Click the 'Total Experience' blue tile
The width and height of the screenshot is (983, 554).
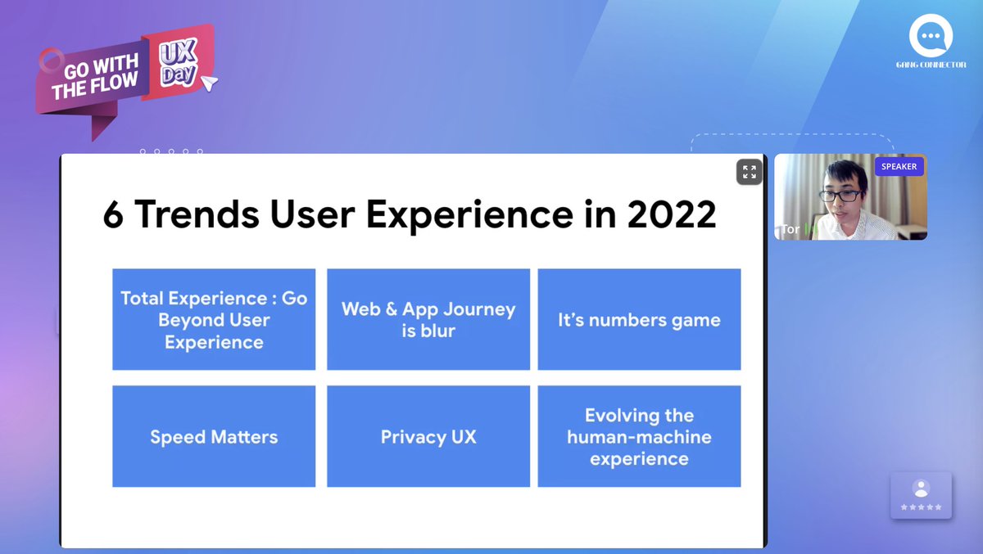click(x=214, y=320)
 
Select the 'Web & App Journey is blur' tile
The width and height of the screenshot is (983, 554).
click(x=428, y=320)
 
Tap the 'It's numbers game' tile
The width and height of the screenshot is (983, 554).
click(x=639, y=320)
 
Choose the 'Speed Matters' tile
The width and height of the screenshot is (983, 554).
click(x=214, y=437)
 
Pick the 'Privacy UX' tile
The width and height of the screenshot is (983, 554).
click(x=428, y=437)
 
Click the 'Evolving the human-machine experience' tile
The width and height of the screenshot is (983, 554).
click(x=639, y=437)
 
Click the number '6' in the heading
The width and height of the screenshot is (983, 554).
click(x=113, y=214)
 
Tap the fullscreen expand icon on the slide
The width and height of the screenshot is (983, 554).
click(x=749, y=172)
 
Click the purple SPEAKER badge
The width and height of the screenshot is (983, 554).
click(x=899, y=167)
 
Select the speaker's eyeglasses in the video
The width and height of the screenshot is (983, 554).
click(x=840, y=195)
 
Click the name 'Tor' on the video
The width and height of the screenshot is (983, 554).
click(x=790, y=229)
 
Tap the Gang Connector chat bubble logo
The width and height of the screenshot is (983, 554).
click(x=930, y=37)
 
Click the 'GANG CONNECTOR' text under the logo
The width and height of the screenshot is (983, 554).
click(x=930, y=65)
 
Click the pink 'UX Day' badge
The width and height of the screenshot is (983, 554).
click(x=178, y=63)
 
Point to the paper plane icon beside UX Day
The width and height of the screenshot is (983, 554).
click(x=210, y=82)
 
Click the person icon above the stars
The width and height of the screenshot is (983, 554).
click(x=921, y=489)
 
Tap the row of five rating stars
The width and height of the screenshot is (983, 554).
click(x=921, y=507)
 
